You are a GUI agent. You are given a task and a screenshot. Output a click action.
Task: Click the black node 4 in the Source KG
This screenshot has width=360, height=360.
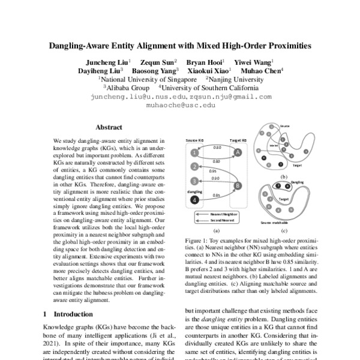coord(194,199)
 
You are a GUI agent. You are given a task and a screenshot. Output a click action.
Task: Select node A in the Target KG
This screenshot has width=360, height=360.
coord(238,152)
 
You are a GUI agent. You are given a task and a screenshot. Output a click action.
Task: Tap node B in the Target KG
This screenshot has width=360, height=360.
coord(238,186)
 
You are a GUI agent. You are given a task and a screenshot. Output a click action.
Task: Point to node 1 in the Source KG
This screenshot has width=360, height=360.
coord(194,152)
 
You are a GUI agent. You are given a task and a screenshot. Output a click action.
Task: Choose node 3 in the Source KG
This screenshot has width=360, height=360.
coord(194,181)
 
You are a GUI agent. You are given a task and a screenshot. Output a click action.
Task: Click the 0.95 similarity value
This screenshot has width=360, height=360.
coord(214,171)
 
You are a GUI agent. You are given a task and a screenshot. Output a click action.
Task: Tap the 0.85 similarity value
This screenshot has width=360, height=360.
coord(215,195)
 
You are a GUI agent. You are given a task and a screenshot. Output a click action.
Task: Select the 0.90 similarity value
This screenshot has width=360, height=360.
coord(215,178)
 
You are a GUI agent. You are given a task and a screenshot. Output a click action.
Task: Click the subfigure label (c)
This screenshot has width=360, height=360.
coord(284,230)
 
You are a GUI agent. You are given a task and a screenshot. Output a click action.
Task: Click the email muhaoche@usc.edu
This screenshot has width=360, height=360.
coord(180,104)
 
